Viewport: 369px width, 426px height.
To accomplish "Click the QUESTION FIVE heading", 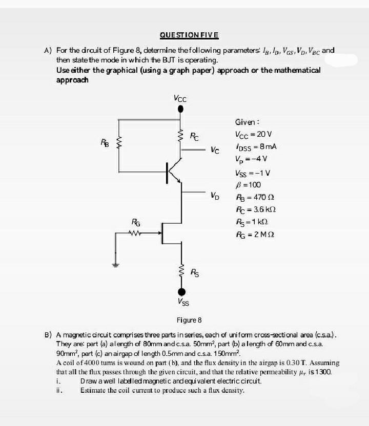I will click(x=189, y=35).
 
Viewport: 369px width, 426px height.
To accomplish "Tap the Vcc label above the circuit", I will click(x=180, y=98).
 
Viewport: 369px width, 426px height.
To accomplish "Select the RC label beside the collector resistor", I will click(x=195, y=137).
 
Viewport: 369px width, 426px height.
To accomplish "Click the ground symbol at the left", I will click(x=115, y=265).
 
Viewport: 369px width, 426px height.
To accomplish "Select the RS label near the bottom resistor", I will click(x=195, y=272).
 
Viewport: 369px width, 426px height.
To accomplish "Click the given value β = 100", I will click(x=248, y=185).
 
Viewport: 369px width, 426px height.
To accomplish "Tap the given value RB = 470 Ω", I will click(x=252, y=197).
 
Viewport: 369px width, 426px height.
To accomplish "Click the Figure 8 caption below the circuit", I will click(x=190, y=320).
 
